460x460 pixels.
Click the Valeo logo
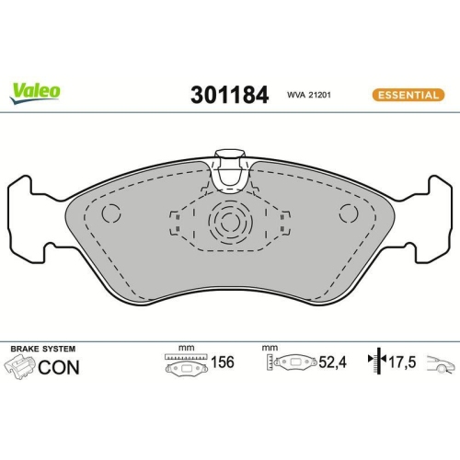point(36,90)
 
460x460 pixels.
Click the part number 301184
point(228,95)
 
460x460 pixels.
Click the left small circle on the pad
point(110,214)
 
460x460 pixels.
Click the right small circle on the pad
point(348,214)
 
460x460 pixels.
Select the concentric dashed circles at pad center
point(228,224)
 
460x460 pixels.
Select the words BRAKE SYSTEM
point(42,349)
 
